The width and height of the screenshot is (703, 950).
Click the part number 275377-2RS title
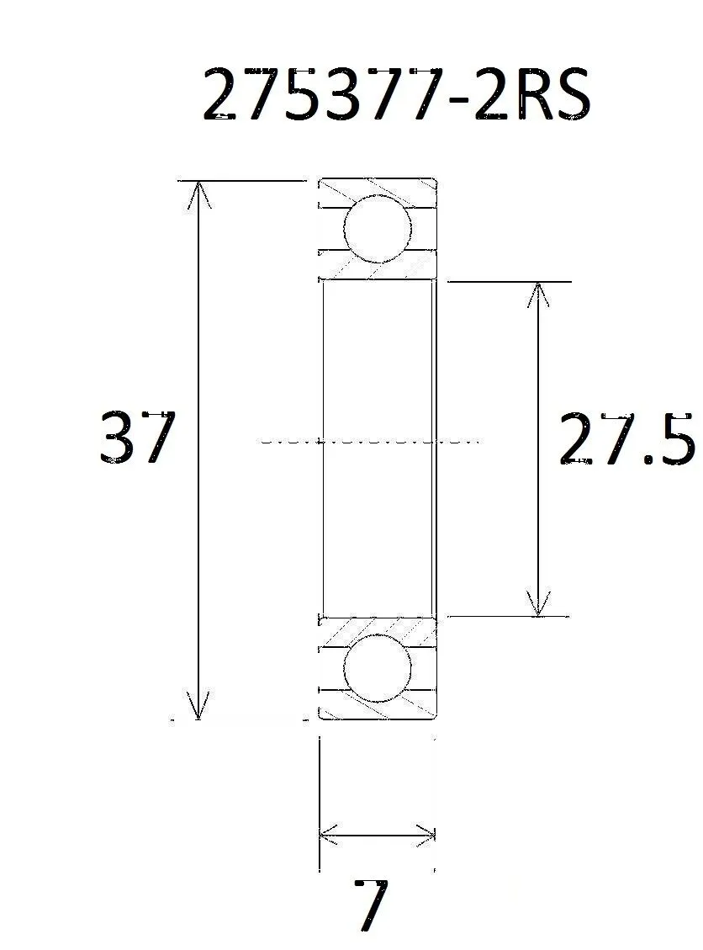pyautogui.click(x=396, y=95)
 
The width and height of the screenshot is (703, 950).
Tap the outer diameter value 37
pyautogui.click(x=137, y=438)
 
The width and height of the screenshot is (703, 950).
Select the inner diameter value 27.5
pyautogui.click(x=626, y=438)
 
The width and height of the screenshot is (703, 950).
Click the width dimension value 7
pyautogui.click(x=371, y=905)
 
